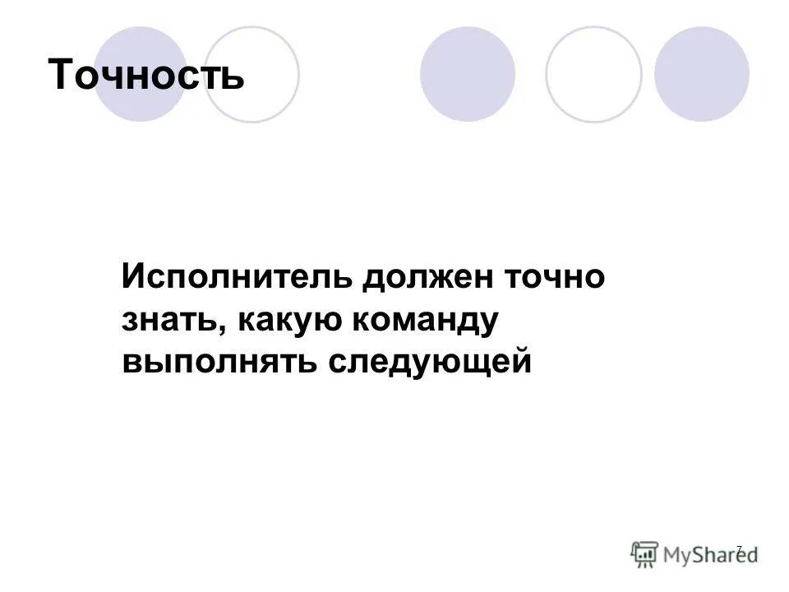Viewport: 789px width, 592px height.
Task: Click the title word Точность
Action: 146,76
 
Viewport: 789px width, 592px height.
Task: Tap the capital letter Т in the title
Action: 62,76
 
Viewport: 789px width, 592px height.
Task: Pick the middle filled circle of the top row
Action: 468,74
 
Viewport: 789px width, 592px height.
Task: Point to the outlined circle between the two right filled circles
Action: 593,74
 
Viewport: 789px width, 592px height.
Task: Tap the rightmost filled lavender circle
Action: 702,74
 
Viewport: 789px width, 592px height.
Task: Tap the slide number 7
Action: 738,548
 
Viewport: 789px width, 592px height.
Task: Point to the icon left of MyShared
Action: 645,554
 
